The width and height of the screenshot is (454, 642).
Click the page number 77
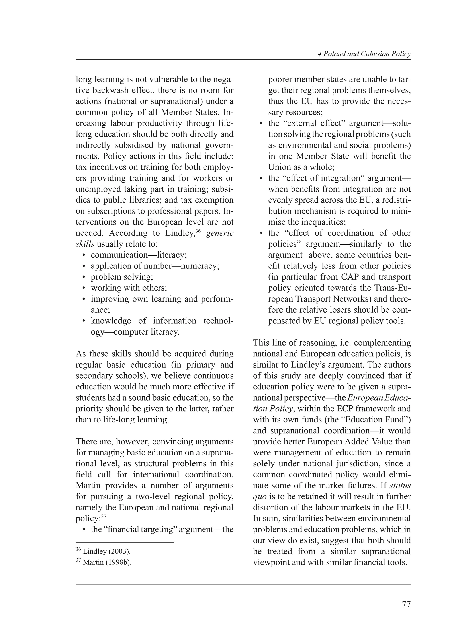[406, 604]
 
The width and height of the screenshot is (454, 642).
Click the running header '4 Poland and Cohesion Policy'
[364, 54]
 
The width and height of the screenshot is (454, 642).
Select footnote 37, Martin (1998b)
[104, 562]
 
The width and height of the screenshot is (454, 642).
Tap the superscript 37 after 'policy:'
[104, 516]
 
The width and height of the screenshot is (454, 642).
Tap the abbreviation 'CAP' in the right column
[350, 277]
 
